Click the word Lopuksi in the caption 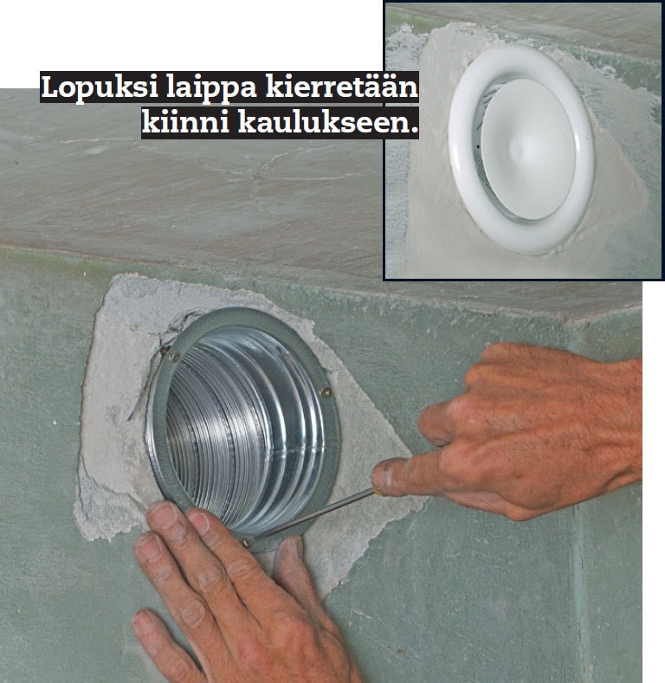click(x=100, y=87)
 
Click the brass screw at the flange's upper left click(x=174, y=358)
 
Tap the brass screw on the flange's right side click(x=326, y=392)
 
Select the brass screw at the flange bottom click(x=246, y=543)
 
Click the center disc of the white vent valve click(x=528, y=148)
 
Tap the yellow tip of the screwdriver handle click(x=378, y=493)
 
